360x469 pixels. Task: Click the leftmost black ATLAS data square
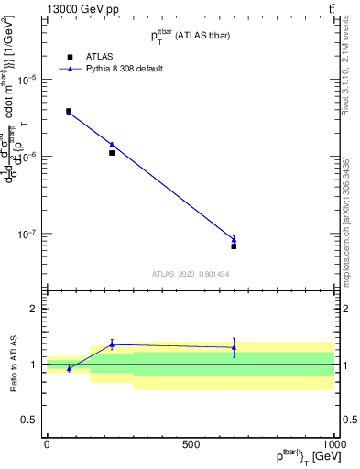pos(69,111)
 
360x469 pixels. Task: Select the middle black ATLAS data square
pos(112,153)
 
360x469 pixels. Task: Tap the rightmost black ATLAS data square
pos(234,246)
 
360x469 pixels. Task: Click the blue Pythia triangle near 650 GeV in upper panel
pos(234,240)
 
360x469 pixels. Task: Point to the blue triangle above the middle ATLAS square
pos(112,145)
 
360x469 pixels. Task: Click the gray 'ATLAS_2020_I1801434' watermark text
pos(190,274)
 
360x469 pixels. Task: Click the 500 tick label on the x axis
pos(191,443)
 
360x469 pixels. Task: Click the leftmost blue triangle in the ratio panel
pos(69,368)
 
